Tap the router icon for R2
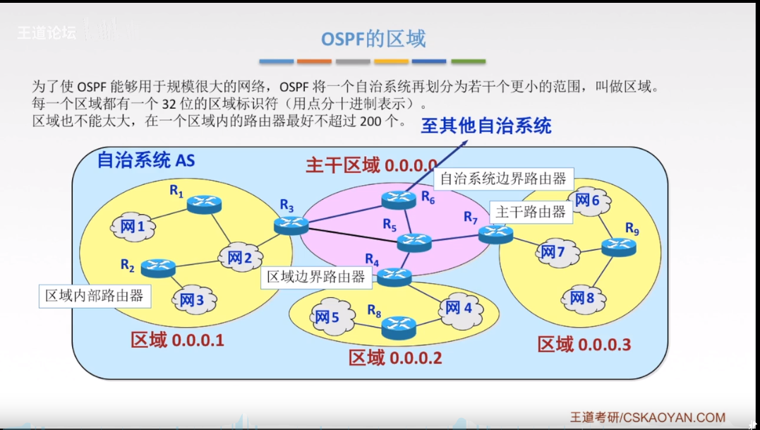158,268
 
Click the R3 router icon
291,225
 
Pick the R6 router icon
399,200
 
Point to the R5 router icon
414,242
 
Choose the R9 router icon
619,246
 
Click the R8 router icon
399,326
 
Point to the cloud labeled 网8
582,297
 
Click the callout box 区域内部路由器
95,295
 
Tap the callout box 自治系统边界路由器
503,179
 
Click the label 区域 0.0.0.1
177,340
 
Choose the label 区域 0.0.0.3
584,345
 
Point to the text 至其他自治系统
486,126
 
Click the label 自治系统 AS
145,160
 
